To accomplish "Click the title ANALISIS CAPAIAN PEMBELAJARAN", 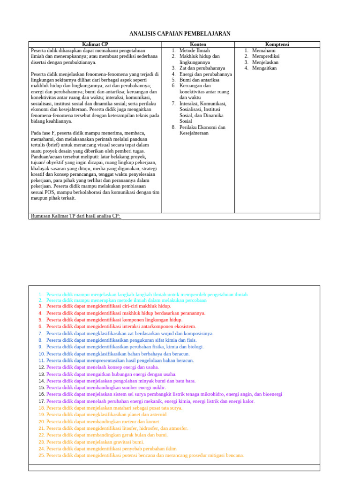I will pyautogui.click(x=180, y=34).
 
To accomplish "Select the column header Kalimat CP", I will pyautogui.click(x=95, y=45).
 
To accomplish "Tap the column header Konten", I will pyautogui.click(x=198, y=45).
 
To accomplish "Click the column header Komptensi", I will pyautogui.click(x=277, y=45).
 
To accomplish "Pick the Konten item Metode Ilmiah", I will pyautogui.click(x=195, y=50).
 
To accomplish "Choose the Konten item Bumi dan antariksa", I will pyautogui.click(x=199, y=80).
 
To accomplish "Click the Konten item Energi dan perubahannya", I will pyautogui.click(x=205, y=74).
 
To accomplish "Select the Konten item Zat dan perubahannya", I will pyautogui.click(x=202, y=68).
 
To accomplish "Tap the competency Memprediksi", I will pyautogui.click(x=265, y=56).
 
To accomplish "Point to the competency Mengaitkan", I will pyautogui.click(x=264, y=68).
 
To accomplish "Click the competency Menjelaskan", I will pyautogui.click(x=265, y=62).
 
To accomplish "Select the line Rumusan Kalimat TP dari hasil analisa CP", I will pyautogui.click(x=75, y=216).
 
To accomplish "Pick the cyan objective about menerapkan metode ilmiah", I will pyautogui.click(x=126, y=300).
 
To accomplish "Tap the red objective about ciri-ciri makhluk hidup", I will pyautogui.click(x=108, y=306).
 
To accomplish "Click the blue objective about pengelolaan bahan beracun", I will pyautogui.click(x=120, y=360).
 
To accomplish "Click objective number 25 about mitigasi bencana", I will pyautogui.click(x=145, y=455).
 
